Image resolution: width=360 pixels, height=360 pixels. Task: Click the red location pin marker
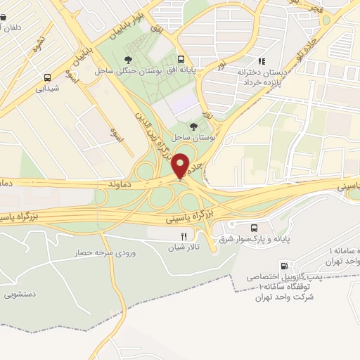(181, 165)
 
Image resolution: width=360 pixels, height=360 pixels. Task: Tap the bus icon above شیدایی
(47, 78)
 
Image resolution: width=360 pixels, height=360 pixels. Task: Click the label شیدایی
(47, 89)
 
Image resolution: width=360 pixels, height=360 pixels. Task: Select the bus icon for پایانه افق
(181, 60)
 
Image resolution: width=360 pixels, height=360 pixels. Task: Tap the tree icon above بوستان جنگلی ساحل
(127, 60)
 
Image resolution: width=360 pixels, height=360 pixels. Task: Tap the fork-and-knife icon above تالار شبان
(184, 237)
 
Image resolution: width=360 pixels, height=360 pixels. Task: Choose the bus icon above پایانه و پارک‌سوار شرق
(255, 227)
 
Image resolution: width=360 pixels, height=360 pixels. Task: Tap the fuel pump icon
(284, 266)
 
